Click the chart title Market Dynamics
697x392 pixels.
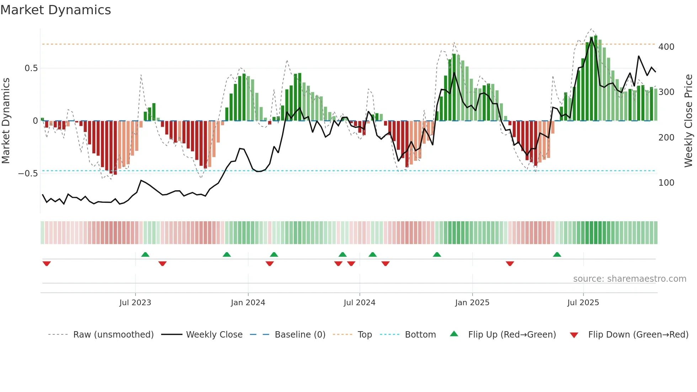tap(55, 10)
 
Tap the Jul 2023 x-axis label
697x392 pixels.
tap(135, 303)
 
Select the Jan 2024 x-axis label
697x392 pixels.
tap(248, 303)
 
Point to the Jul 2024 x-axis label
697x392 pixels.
tap(360, 303)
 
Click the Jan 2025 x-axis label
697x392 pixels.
tap(472, 303)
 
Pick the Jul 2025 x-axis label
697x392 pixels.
tap(583, 303)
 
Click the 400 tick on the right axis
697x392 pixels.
tap(666, 47)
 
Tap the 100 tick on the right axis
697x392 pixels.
tap(666, 183)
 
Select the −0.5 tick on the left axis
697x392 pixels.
tap(28, 174)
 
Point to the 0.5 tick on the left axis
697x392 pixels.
tap(31, 68)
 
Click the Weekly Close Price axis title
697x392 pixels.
tap(688, 121)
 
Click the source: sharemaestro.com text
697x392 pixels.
tap(629, 279)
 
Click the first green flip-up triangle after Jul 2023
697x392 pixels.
tap(145, 255)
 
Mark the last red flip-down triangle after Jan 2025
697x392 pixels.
tap(510, 264)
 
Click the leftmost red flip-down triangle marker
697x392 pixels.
tap(47, 264)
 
